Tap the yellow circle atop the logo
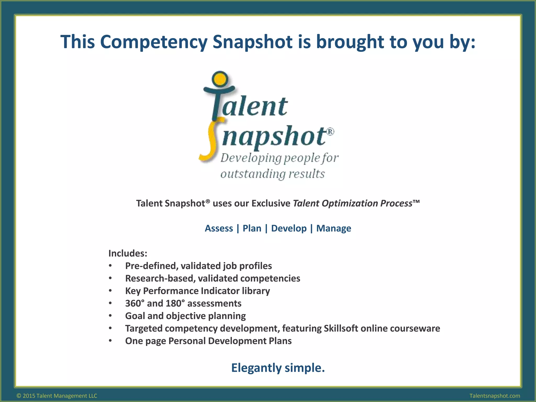(220, 79)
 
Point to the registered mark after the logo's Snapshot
(331, 131)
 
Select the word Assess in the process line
(219, 228)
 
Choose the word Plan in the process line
(252, 228)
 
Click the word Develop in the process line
(289, 228)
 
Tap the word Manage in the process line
(334, 228)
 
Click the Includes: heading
(128, 253)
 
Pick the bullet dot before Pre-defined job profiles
(110, 266)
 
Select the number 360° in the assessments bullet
(135, 303)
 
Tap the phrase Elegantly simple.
(278, 368)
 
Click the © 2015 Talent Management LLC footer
(57, 396)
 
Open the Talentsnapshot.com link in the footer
(495, 396)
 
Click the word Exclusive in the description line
(271, 203)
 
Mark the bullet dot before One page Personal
(110, 341)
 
